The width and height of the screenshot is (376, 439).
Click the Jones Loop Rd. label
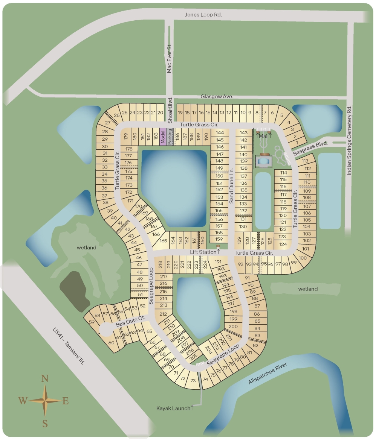pos(203,15)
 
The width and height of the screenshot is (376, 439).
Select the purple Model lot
pos(163,136)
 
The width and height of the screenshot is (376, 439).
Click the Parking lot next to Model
pos(170,136)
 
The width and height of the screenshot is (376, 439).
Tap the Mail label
pos(264,136)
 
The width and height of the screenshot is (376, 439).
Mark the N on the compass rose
pos(45,378)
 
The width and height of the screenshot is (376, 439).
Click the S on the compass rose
pos(45,424)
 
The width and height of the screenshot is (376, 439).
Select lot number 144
pos(220,133)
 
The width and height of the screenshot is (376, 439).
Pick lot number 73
pos(193,381)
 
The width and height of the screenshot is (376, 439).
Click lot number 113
pos(305,161)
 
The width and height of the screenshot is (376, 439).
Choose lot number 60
pos(111,343)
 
